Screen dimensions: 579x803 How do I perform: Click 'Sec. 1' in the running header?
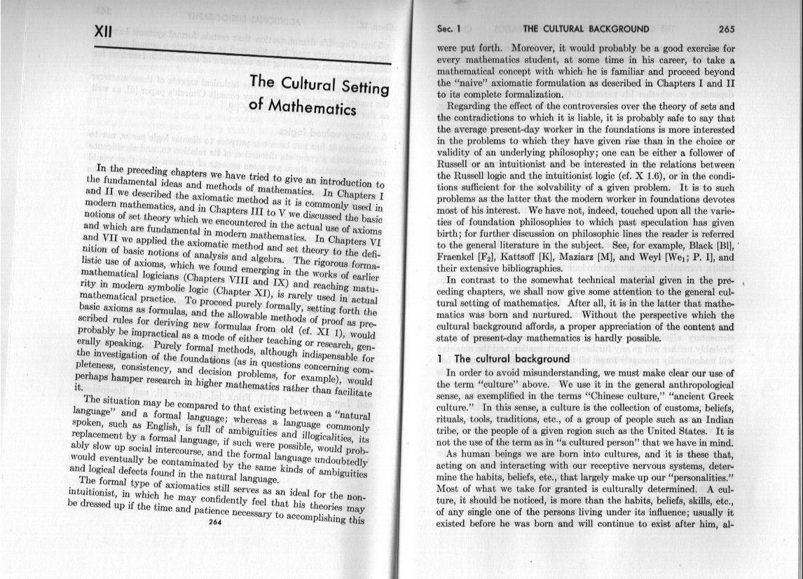pyautogui.click(x=448, y=29)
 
